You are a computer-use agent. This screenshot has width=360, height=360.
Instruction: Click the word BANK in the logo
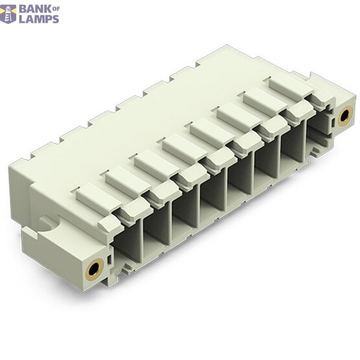pos(35,9)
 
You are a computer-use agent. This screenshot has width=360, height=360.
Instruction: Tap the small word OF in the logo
pos(56,9)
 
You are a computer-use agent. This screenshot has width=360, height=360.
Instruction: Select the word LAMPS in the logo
pos(39,19)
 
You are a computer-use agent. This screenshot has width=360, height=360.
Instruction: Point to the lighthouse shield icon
pos(8,14)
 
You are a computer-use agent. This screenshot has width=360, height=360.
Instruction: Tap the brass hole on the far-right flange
pos(345,116)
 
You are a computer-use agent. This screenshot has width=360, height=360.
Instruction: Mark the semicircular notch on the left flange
pos(49,224)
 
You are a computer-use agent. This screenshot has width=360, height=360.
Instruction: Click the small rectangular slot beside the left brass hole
pos(110,259)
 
